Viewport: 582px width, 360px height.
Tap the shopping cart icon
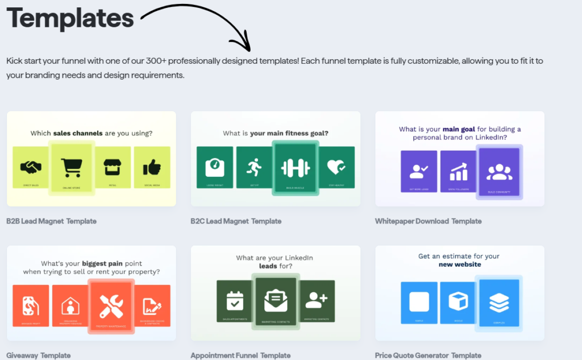pos(72,167)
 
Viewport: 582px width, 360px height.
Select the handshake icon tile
pos(31,167)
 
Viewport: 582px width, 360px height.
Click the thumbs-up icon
pos(152,167)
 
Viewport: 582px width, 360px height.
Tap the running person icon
pos(254,167)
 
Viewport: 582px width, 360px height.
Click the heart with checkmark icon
pos(336,167)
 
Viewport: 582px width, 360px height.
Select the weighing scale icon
pos(214,165)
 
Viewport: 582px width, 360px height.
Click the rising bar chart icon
pos(458,170)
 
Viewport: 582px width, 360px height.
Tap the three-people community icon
pos(499,171)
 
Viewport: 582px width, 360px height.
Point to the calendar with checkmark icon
pos(235,300)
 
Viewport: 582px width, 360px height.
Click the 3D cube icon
pos(458,301)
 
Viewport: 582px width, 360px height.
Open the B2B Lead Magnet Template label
pos(52,221)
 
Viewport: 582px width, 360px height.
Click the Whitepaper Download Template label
pos(428,221)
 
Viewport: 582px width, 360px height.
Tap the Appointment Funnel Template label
pos(240,355)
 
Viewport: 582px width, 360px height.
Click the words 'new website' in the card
pos(459,264)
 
